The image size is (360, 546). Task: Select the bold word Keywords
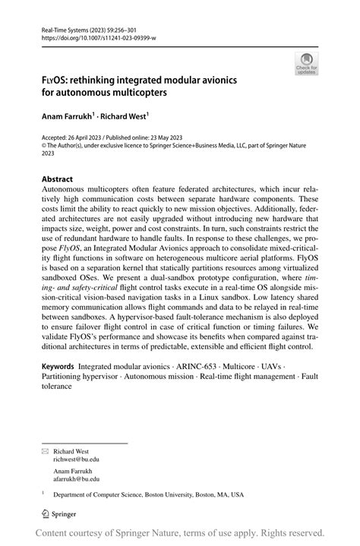pyautogui.click(x=58, y=366)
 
